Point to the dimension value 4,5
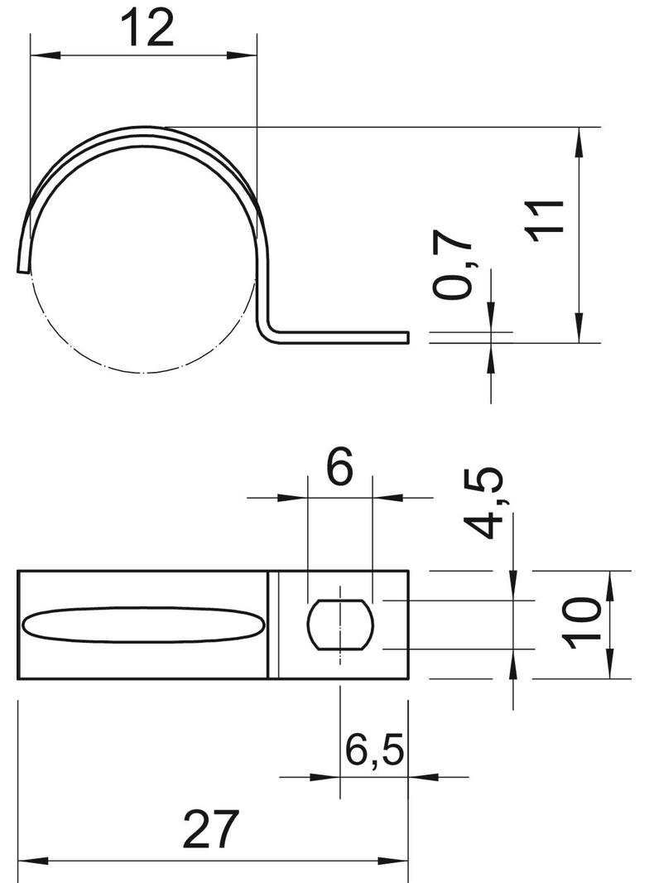pos(482,502)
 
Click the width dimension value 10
pos(582,624)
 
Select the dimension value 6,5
pos(373,750)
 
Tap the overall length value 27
pos(210,829)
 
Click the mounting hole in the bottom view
pos(340,625)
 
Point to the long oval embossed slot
pos(143,625)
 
